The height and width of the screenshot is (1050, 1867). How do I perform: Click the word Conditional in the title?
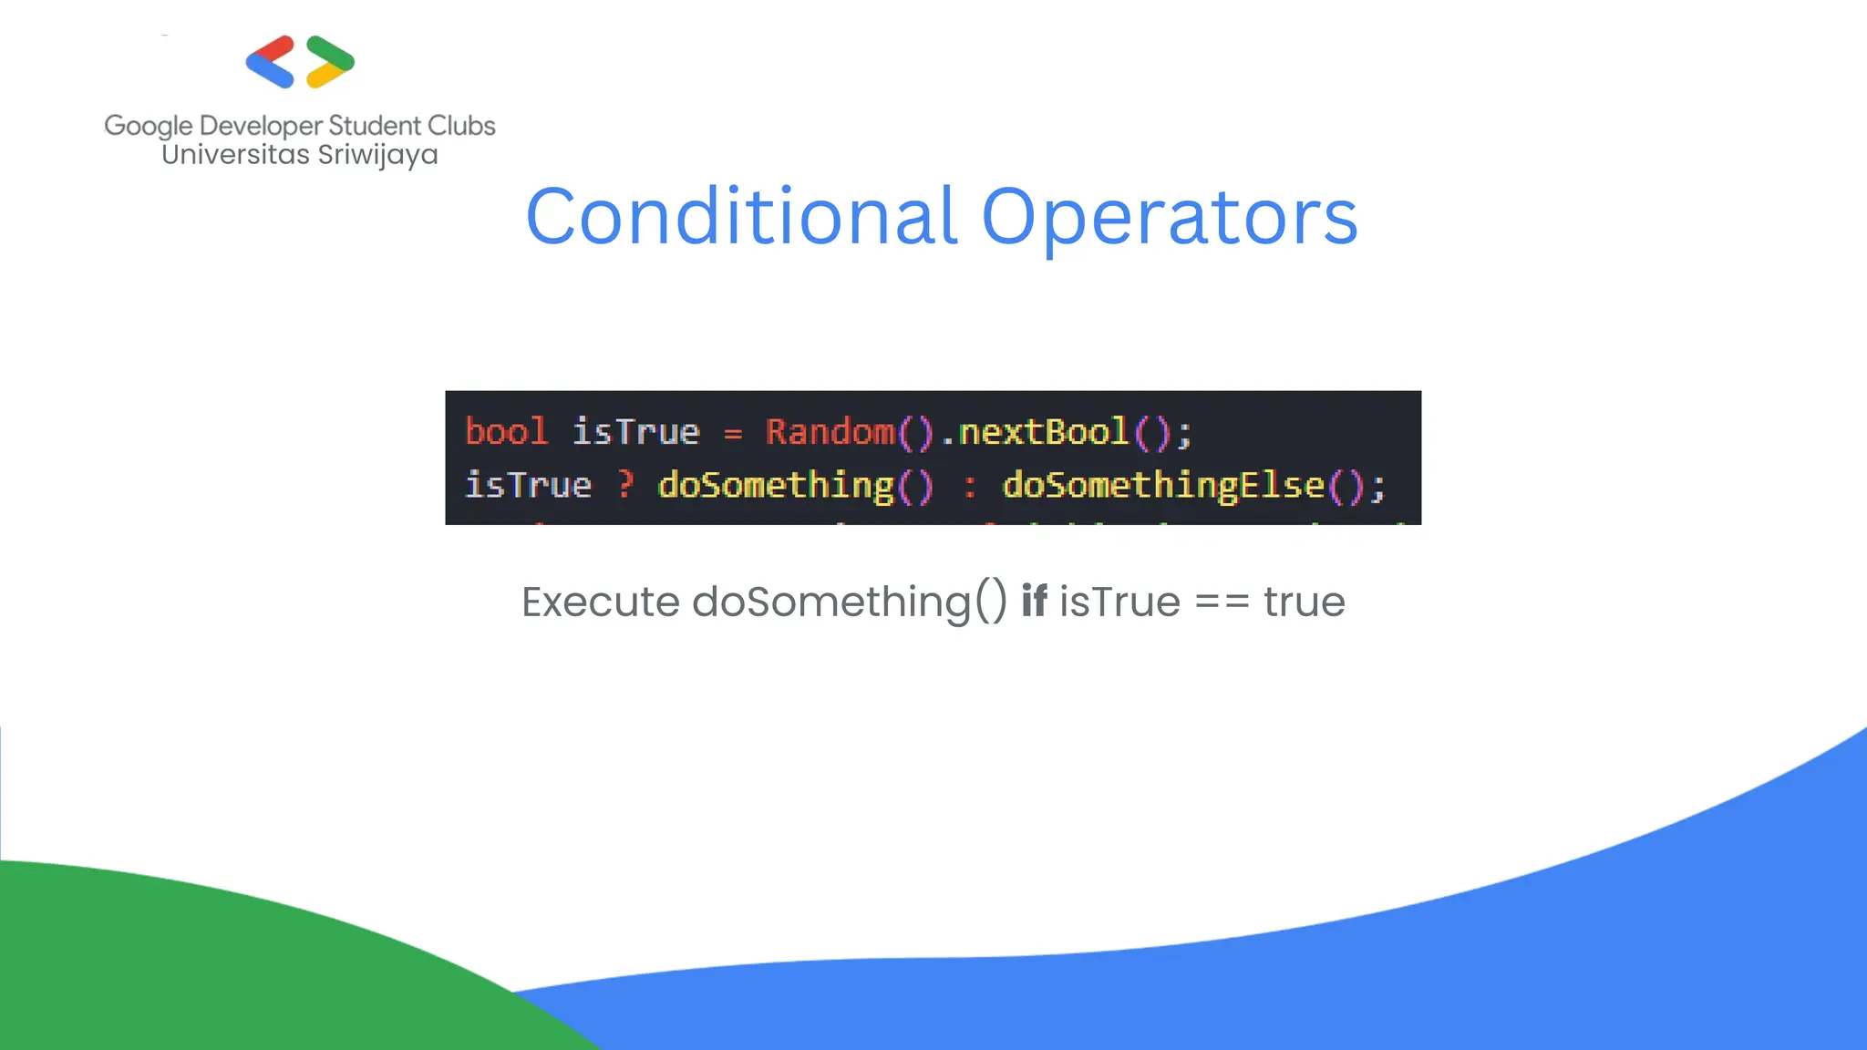[x=741, y=217]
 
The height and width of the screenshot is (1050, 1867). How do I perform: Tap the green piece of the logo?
[x=330, y=51]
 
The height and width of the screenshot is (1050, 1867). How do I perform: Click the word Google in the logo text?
[x=149, y=126]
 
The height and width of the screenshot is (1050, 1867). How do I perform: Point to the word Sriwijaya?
[x=377, y=155]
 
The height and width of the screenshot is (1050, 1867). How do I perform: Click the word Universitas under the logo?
[x=235, y=154]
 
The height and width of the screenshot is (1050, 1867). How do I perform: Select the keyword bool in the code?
[x=506, y=431]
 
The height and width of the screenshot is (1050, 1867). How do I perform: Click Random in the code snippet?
[x=830, y=431]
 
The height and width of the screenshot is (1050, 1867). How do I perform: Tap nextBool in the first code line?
[x=1044, y=431]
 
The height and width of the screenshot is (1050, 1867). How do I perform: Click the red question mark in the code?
[x=624, y=484]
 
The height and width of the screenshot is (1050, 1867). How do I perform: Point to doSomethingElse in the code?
[x=1163, y=485]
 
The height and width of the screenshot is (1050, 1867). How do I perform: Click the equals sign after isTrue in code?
[x=733, y=434]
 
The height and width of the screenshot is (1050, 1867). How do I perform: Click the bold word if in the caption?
[x=1034, y=601]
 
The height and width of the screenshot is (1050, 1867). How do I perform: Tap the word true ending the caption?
[x=1304, y=602]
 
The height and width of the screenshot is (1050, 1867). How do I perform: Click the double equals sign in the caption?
[x=1222, y=602]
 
